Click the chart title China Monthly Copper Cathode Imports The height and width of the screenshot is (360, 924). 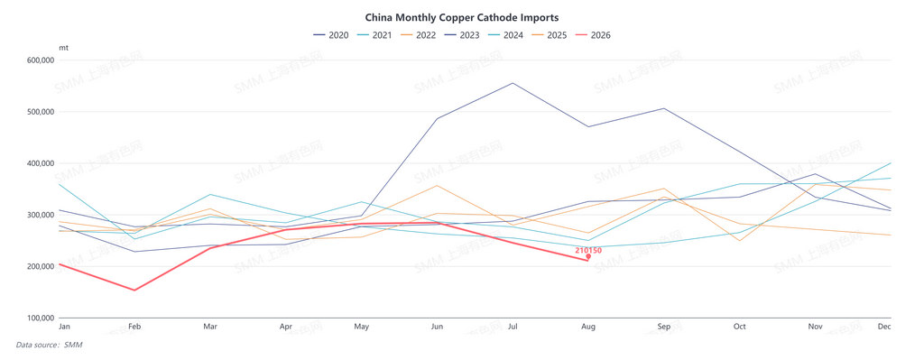click(462, 18)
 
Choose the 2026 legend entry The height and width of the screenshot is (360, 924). click(593, 35)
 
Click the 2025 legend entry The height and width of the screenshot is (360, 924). click(550, 35)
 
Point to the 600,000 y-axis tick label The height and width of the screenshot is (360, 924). click(42, 60)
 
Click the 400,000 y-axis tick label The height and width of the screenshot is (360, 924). click(42, 163)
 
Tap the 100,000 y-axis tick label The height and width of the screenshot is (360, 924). click(42, 318)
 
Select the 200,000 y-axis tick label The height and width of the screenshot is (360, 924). click(42, 266)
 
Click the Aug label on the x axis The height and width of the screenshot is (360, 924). click(588, 327)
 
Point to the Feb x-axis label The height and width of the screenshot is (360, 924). click(135, 327)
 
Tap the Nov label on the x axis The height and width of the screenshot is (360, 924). click(816, 327)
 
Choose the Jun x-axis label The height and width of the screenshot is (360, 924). click(438, 327)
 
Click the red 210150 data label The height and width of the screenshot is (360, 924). click(588, 251)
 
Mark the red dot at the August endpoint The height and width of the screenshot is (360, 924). click(588, 256)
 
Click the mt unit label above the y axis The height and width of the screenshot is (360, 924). click(64, 47)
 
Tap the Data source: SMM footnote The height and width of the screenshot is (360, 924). click(49, 345)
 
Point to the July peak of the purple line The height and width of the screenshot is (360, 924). click(513, 83)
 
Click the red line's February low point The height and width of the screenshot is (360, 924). click(135, 290)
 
